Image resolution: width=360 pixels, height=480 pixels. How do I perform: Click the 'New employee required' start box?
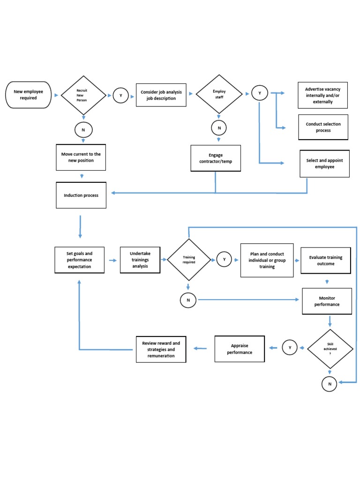click(28, 95)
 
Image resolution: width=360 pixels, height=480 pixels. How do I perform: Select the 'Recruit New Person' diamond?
click(83, 95)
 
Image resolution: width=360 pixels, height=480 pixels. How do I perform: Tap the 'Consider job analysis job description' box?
click(161, 95)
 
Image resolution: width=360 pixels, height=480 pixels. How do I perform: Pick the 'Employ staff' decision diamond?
click(219, 94)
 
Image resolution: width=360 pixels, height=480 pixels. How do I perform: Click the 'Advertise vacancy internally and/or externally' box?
click(322, 95)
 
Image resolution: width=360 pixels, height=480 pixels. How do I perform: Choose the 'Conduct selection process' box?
click(323, 127)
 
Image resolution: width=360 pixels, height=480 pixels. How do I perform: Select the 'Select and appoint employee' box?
click(324, 164)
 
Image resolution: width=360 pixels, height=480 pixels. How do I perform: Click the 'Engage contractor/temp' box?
click(216, 158)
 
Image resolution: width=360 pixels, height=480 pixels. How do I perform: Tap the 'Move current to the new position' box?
click(81, 157)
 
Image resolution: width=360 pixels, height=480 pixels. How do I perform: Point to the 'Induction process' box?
click(81, 195)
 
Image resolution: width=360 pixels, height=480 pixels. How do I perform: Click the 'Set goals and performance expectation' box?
click(79, 260)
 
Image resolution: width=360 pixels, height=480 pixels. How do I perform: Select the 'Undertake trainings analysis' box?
click(140, 260)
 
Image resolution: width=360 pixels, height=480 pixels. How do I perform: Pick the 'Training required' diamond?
click(189, 260)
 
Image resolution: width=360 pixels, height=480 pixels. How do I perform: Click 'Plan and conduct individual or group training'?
click(267, 260)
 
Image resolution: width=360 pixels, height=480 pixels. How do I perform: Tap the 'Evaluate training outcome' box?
click(325, 261)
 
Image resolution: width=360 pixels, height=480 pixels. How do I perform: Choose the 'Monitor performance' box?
click(327, 301)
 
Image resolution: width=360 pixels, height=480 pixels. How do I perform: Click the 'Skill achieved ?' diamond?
click(330, 348)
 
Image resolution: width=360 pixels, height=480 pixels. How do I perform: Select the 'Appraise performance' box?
click(240, 349)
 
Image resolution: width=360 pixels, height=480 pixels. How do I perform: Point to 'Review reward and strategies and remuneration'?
click(161, 349)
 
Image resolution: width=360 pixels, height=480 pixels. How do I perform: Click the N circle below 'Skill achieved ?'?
click(330, 384)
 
